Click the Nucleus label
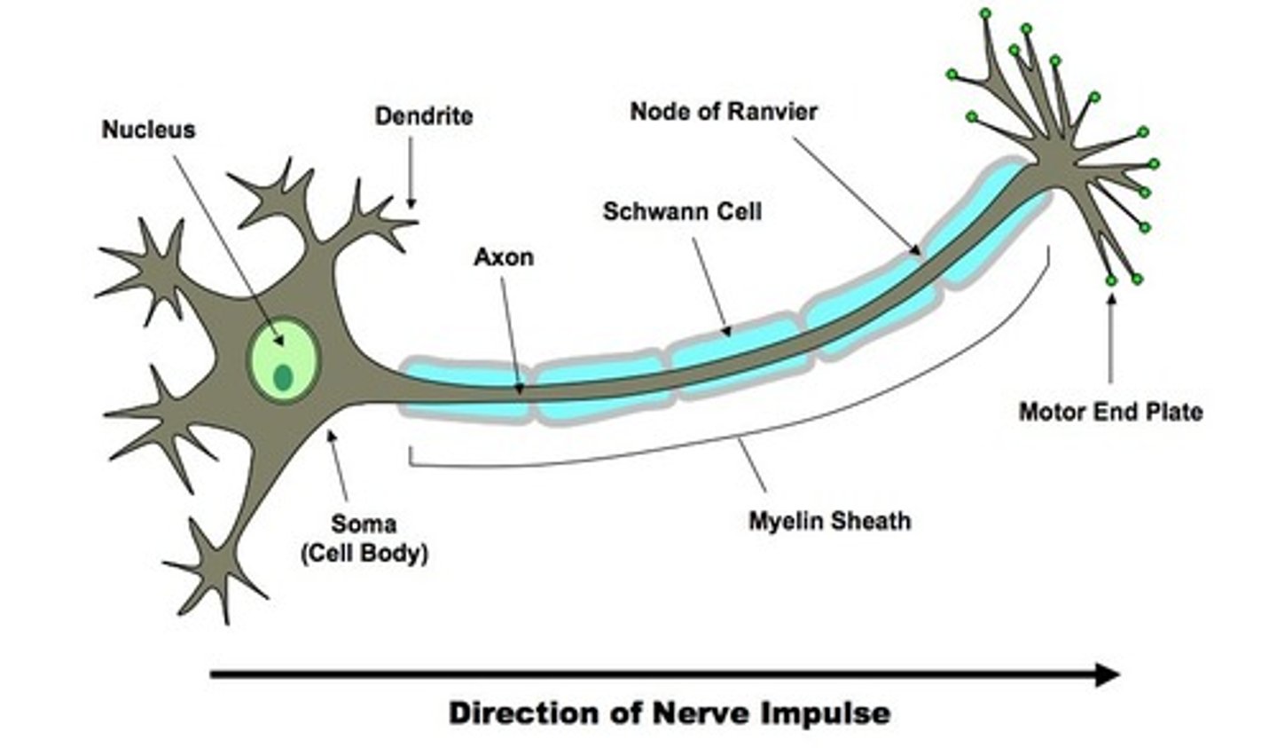(x=148, y=130)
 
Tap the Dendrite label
(x=423, y=116)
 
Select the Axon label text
(x=504, y=257)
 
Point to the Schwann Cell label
(x=682, y=211)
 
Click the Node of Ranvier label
(x=724, y=112)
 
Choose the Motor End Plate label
(x=1110, y=412)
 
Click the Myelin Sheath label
(x=829, y=520)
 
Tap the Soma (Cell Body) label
(x=364, y=539)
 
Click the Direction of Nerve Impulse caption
(x=670, y=713)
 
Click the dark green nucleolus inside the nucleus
(x=283, y=377)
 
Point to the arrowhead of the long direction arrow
(x=1109, y=674)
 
